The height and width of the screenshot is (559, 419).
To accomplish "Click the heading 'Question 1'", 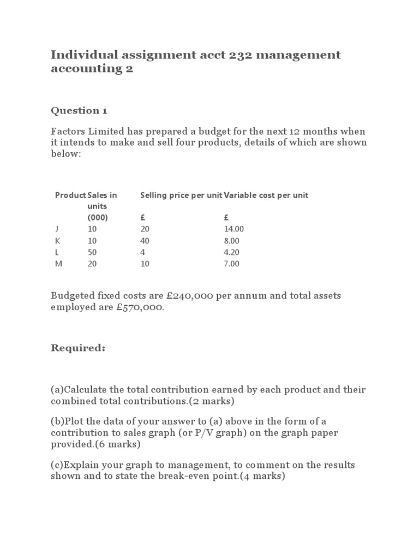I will click(79, 111).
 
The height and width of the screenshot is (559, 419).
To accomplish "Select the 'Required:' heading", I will click(78, 348).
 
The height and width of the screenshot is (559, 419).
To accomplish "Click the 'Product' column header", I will click(70, 195).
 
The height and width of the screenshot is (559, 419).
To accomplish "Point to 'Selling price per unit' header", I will click(181, 195).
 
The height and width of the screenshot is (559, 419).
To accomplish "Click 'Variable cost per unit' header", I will click(266, 195).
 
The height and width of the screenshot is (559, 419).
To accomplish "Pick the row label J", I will click(57, 229).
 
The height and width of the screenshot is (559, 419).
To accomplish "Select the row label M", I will click(59, 264).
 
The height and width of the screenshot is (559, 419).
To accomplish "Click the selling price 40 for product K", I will click(145, 241).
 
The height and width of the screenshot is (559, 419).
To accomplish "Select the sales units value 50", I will click(92, 252).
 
